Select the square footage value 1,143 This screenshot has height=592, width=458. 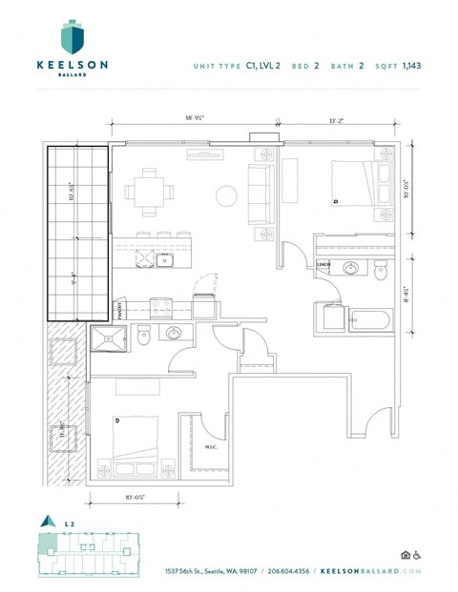[412, 65]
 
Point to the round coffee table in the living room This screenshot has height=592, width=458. [227, 196]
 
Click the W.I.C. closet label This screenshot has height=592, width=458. [213, 446]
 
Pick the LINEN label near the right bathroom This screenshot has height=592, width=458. [323, 265]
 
